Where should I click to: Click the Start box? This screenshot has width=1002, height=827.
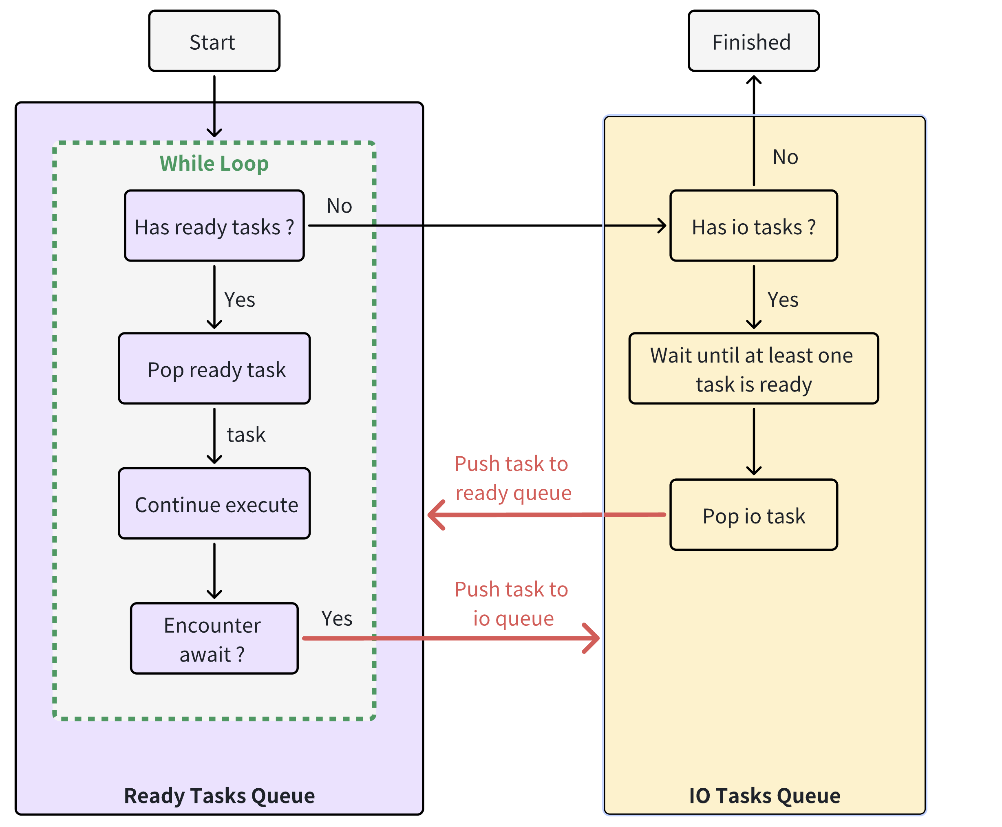click(214, 42)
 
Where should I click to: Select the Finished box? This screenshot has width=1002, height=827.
click(753, 42)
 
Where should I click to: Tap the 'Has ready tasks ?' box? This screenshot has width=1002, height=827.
click(214, 226)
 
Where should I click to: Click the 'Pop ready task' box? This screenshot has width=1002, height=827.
click(214, 368)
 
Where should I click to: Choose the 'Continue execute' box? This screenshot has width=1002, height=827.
click(214, 504)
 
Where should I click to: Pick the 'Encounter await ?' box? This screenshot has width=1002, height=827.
click(214, 638)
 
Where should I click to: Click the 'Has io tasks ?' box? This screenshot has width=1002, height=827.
click(753, 226)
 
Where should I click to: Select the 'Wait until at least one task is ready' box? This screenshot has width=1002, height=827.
click(753, 368)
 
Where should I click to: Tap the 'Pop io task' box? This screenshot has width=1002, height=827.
click(753, 515)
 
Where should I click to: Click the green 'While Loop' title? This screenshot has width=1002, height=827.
click(214, 163)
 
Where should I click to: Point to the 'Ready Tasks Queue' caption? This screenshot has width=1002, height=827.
click(219, 796)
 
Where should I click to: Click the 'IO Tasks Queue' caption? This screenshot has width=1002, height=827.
click(764, 796)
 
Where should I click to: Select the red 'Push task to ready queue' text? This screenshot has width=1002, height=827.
click(512, 478)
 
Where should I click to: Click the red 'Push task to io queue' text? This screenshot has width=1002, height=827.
click(512, 604)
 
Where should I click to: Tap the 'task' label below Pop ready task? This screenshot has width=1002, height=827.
click(246, 434)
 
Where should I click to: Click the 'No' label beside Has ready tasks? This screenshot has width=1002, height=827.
click(339, 206)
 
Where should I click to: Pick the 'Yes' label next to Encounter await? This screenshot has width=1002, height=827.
click(337, 618)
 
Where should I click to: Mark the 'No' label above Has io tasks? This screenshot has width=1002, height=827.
click(785, 157)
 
